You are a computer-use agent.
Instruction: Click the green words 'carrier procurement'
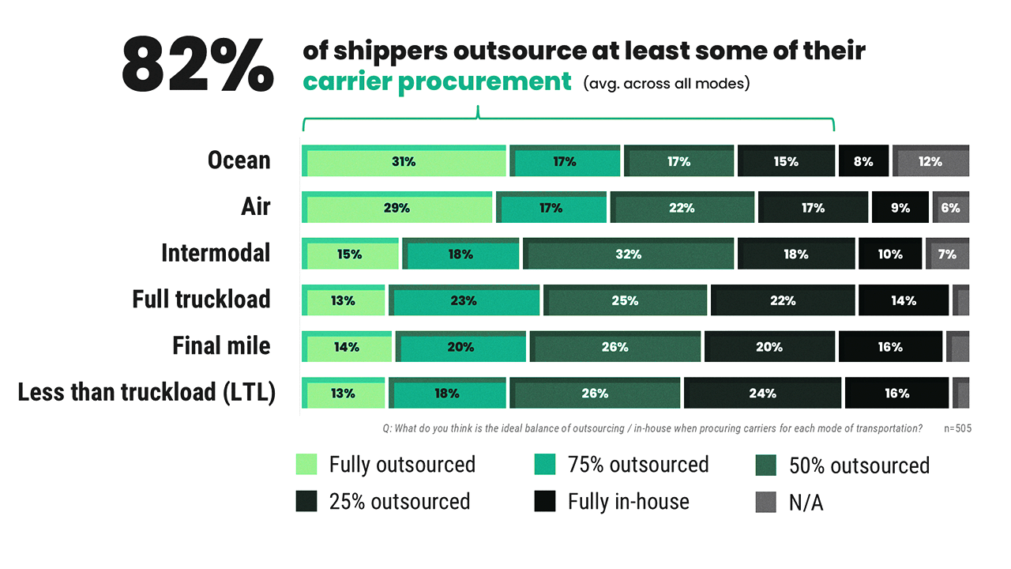tap(437, 81)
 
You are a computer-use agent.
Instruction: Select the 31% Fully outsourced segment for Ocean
tap(404, 161)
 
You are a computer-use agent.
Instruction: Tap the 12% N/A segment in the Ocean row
tap(930, 161)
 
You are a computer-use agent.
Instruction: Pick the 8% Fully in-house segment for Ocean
tap(863, 161)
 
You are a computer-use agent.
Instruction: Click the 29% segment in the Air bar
tap(397, 208)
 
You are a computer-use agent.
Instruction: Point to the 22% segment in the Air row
tap(682, 208)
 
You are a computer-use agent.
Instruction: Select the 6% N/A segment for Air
tap(950, 208)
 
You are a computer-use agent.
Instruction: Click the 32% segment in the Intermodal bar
tap(629, 254)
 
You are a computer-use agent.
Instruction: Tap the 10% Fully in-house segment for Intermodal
tap(890, 254)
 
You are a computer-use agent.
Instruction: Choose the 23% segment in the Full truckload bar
tap(464, 300)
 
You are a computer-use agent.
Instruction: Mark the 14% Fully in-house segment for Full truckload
tap(904, 300)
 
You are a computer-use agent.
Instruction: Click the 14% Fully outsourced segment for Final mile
tap(347, 347)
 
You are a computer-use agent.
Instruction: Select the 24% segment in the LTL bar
tap(762, 393)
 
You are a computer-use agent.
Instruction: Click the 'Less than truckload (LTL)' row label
tap(146, 392)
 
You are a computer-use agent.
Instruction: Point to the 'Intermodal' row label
tap(216, 253)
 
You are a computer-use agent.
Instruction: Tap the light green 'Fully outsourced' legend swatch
tap(306, 464)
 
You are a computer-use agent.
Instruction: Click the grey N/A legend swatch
tap(765, 502)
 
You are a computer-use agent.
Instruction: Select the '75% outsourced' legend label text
tap(638, 465)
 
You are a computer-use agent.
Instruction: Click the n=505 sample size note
tap(957, 428)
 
